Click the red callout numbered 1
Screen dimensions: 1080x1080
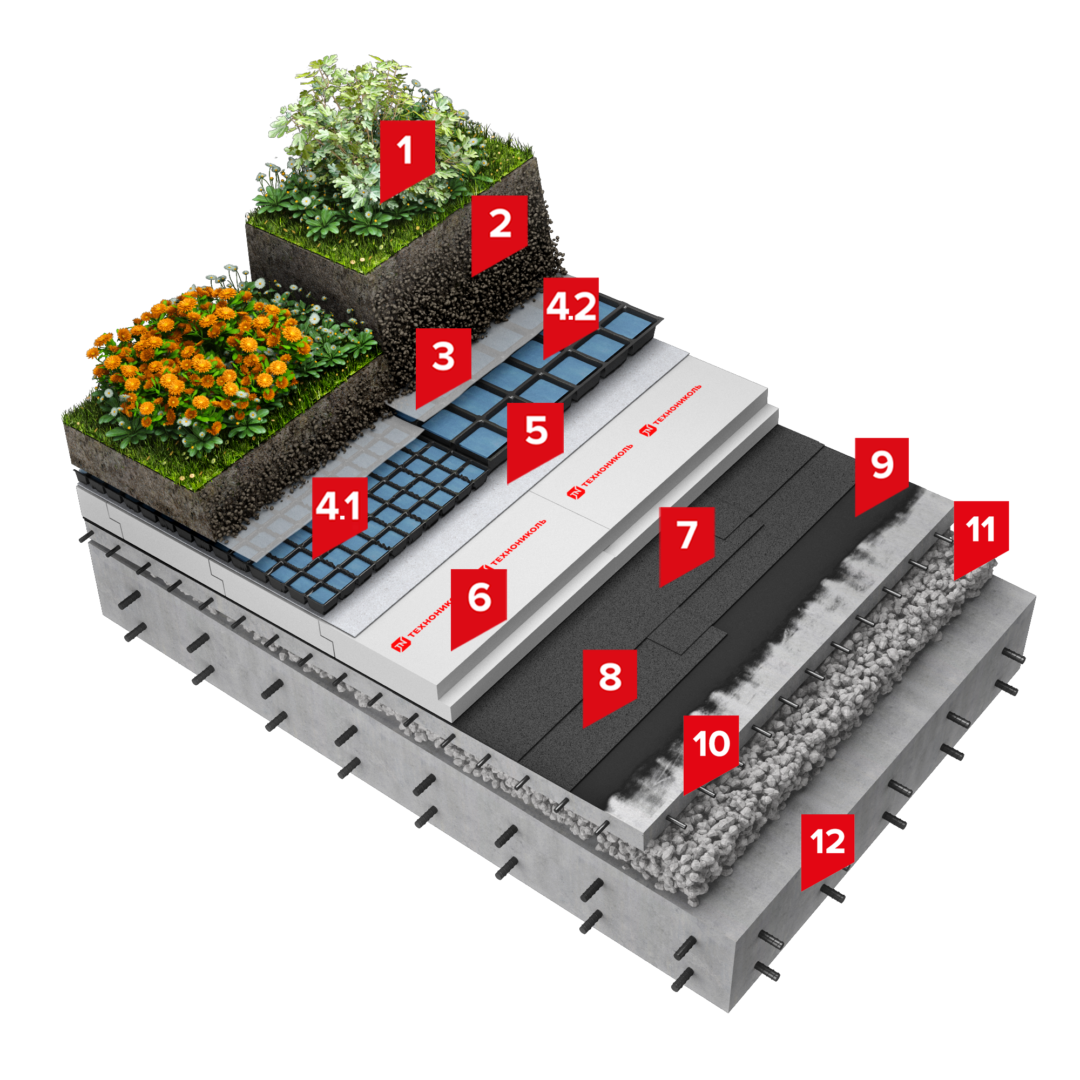click(x=408, y=157)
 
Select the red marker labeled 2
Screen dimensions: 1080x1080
click(x=499, y=231)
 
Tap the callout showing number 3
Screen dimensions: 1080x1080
click(x=443, y=363)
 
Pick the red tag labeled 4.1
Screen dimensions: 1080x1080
click(x=339, y=512)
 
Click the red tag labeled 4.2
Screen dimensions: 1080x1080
click(x=571, y=313)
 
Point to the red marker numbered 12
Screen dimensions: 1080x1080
click(x=827, y=849)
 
